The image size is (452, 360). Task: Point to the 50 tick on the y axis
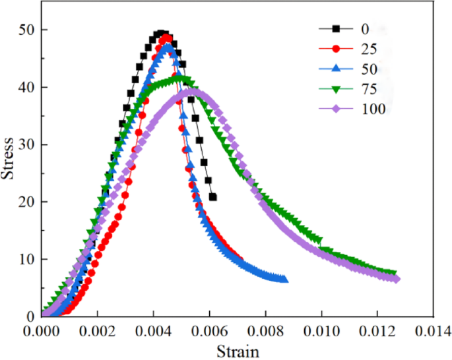click(27, 30)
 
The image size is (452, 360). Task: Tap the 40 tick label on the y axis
click(27, 87)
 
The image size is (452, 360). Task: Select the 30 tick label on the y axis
click(27, 144)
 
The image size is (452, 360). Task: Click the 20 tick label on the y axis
click(27, 202)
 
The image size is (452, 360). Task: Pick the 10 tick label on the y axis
click(27, 259)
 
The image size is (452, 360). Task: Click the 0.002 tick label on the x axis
click(98, 329)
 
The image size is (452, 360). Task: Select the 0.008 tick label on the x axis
click(266, 329)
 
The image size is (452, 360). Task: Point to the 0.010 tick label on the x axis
click(322, 329)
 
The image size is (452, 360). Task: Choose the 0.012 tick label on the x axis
click(378, 329)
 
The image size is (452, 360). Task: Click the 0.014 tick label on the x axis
click(434, 329)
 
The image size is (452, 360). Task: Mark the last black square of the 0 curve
click(212, 196)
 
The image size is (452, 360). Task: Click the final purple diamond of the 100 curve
click(397, 279)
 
